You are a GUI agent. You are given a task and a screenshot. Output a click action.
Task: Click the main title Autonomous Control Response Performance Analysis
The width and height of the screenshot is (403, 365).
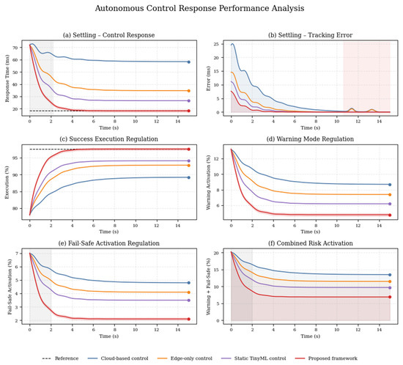(x=199, y=8)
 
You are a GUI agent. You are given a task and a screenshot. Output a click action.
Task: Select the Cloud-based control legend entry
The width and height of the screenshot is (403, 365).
(x=118, y=358)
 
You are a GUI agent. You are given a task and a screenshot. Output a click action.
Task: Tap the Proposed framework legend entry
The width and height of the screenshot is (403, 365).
(x=325, y=358)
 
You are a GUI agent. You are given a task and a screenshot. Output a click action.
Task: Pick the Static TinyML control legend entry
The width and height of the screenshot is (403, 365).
(x=254, y=358)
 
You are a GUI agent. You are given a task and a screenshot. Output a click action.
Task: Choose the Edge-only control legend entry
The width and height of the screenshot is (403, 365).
(x=185, y=358)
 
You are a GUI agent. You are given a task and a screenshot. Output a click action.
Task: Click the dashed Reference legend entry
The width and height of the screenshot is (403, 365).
(x=60, y=358)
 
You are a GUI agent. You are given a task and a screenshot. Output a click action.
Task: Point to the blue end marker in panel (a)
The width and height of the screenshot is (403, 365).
(x=188, y=62)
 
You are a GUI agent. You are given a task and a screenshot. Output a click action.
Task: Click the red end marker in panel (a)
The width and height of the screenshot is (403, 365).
(x=188, y=111)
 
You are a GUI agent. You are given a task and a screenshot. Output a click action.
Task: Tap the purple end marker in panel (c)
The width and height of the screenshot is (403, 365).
(x=188, y=161)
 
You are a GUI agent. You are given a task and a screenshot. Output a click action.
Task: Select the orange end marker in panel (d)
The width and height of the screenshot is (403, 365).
(x=390, y=194)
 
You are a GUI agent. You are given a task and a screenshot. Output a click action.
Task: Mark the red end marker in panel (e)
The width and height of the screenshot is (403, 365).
(x=188, y=319)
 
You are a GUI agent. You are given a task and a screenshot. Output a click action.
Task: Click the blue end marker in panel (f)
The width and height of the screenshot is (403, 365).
(x=390, y=275)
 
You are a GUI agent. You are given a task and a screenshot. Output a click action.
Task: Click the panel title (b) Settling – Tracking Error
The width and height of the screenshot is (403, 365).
(x=310, y=35)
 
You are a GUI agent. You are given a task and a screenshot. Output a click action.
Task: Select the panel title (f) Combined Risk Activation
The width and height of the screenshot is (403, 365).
(x=311, y=243)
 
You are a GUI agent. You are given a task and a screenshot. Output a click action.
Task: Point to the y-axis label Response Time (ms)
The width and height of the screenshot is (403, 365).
(x=7, y=78)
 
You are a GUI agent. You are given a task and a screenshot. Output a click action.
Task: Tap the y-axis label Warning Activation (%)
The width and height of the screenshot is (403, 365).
(x=208, y=182)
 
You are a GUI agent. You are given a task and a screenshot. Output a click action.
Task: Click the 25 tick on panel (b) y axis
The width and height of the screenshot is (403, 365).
(x=216, y=44)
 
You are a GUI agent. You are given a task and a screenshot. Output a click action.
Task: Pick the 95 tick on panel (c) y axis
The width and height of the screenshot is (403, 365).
(x=15, y=158)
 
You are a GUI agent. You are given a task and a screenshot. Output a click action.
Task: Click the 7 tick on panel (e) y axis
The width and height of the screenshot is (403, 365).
(x=17, y=254)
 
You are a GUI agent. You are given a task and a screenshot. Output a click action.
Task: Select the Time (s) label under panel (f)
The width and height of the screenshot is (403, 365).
(x=310, y=336)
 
